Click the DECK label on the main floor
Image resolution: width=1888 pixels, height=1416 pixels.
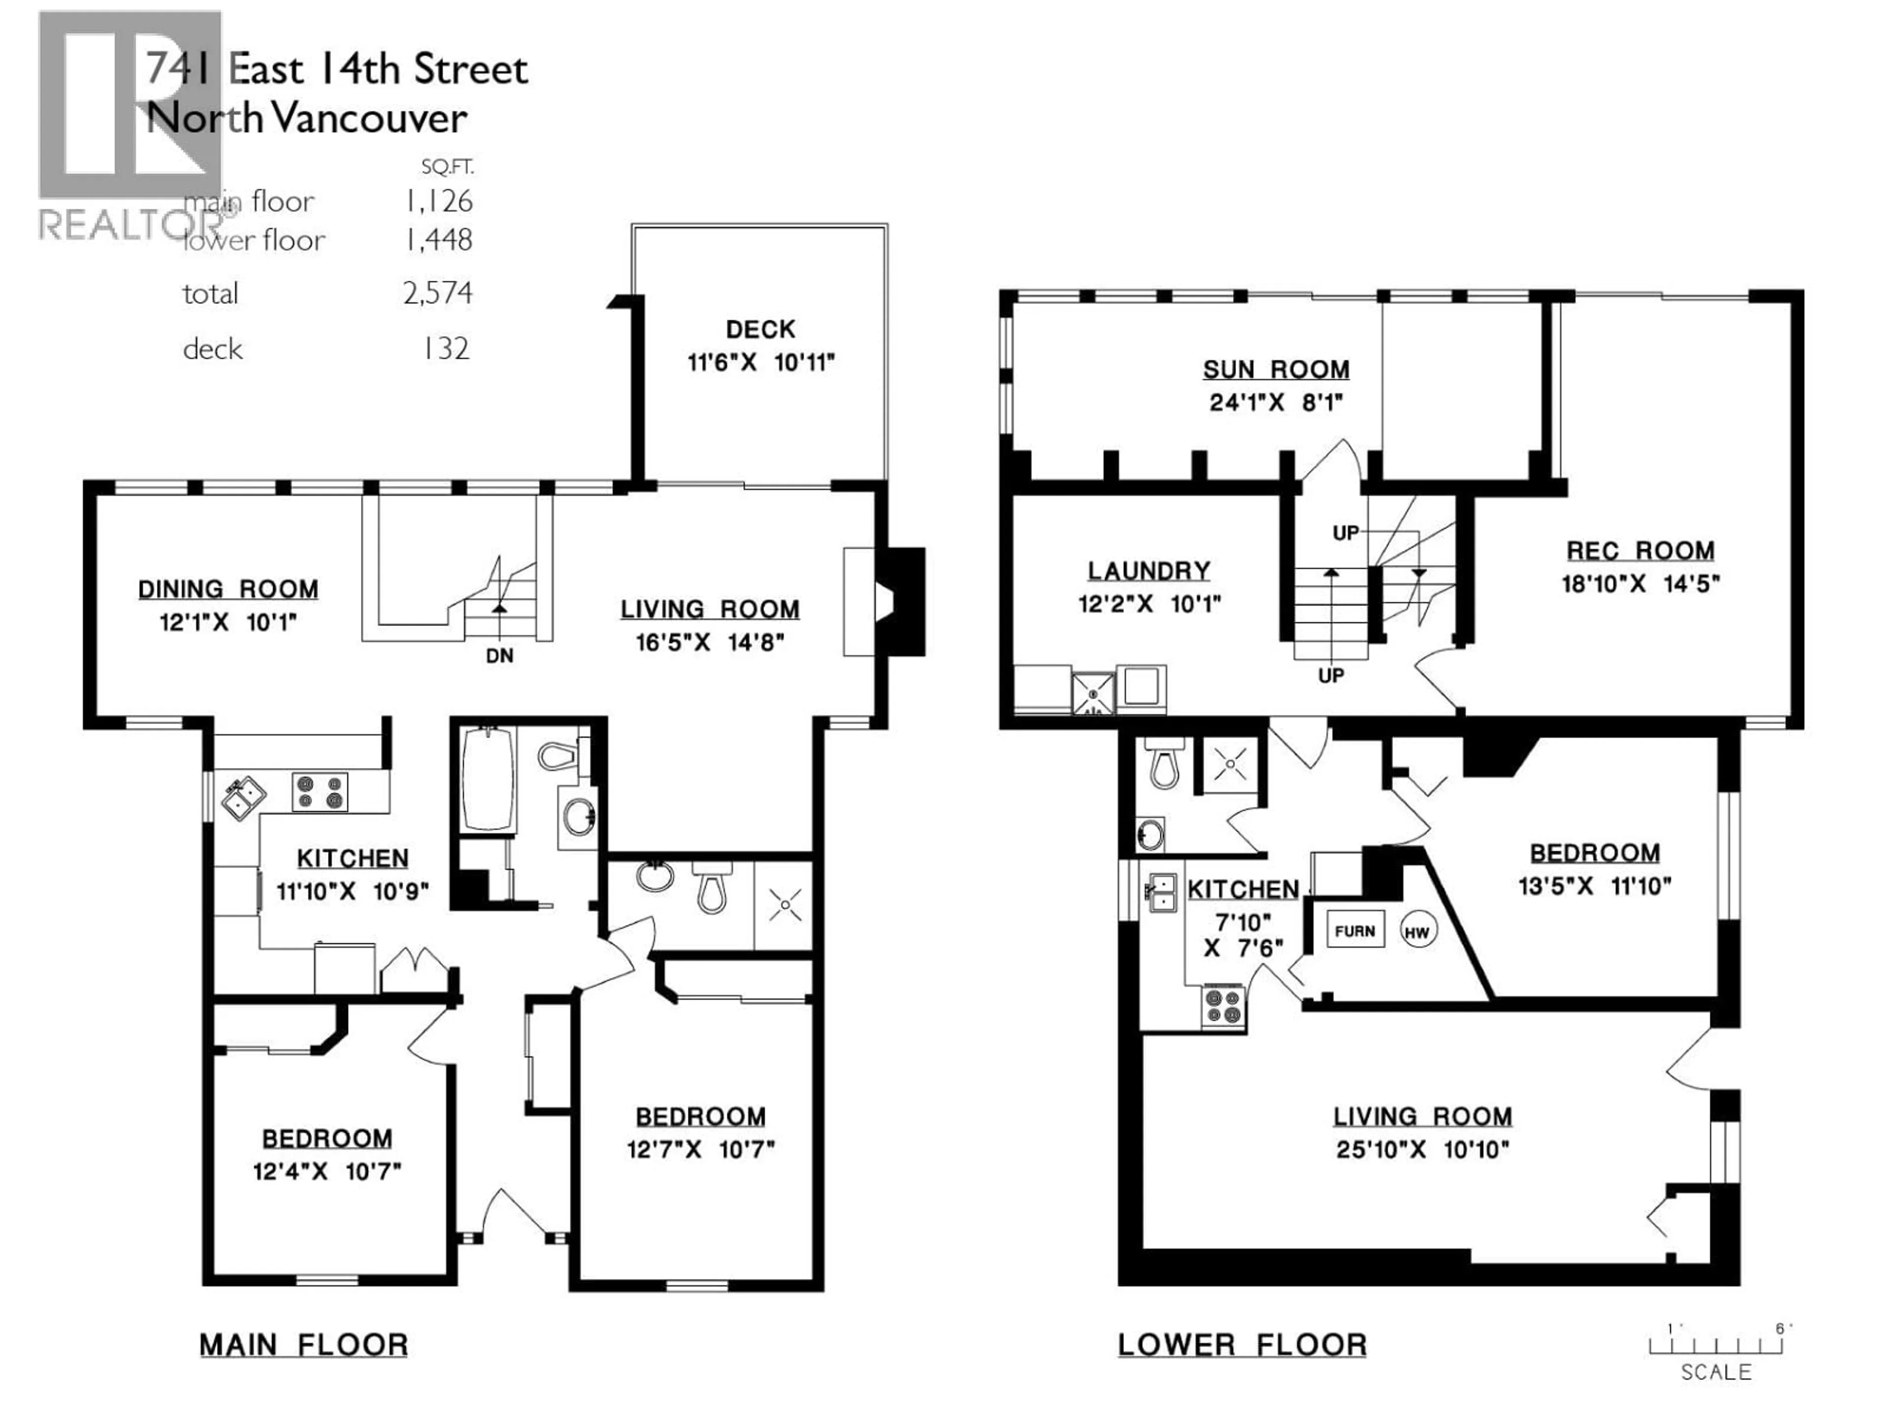click(760, 329)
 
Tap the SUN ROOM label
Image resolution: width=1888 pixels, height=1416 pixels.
click(1275, 370)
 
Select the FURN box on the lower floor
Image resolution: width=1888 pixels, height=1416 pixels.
click(1355, 931)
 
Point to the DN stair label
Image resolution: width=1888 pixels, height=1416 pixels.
click(500, 655)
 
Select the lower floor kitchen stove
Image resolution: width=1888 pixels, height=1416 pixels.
click(1223, 1006)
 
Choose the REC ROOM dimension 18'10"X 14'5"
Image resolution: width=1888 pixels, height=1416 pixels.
click(1640, 584)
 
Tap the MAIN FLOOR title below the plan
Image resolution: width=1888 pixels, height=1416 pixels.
click(304, 1345)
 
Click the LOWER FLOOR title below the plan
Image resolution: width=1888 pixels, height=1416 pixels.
click(1242, 1345)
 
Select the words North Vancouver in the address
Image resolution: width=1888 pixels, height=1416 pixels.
click(307, 118)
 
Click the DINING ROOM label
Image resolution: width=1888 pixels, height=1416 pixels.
click(228, 589)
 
